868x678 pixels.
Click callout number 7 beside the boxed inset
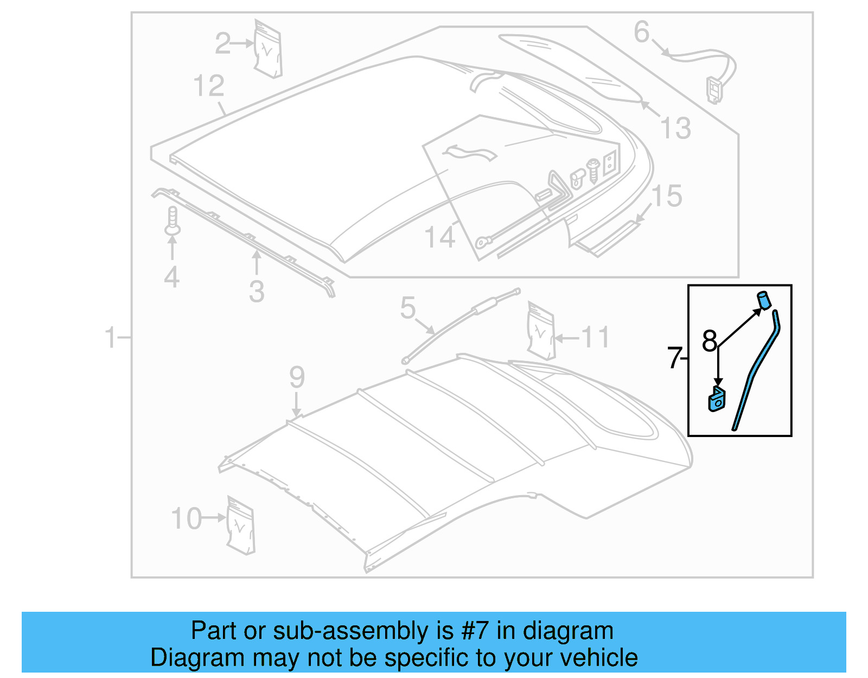click(674, 358)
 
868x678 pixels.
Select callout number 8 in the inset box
click(709, 341)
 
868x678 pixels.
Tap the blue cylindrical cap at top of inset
click(764, 300)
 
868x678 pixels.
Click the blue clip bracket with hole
click(717, 400)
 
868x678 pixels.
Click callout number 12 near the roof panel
click(209, 86)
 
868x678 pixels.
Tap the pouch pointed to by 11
click(541, 332)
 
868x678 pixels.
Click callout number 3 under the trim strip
click(257, 292)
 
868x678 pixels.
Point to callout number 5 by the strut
click(408, 308)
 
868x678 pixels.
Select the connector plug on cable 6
click(714, 90)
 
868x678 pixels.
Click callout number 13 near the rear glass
click(676, 129)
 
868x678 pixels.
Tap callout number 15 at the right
click(666, 196)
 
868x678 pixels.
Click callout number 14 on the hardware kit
click(439, 237)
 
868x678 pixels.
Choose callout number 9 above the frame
click(297, 377)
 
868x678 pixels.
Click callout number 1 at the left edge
click(111, 338)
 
